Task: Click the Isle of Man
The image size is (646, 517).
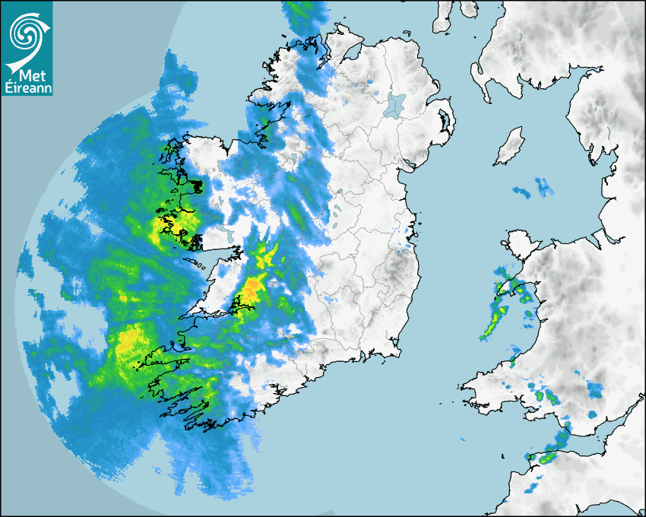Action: coord(510,147)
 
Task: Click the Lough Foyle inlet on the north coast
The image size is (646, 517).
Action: coord(352,52)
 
